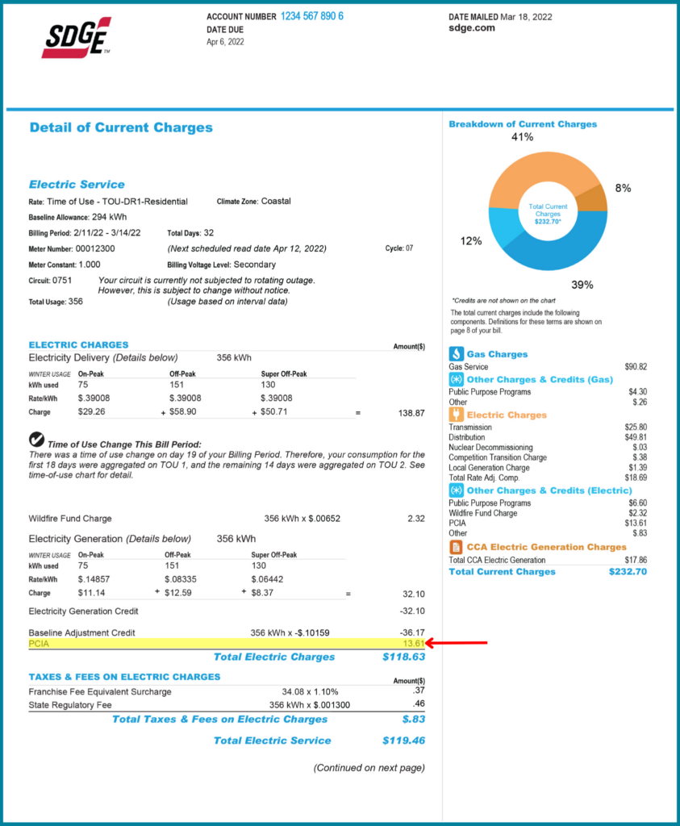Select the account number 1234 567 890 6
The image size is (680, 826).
(311, 16)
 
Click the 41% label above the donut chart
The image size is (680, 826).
(522, 137)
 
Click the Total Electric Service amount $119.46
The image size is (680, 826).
(403, 740)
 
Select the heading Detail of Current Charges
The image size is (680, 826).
(121, 127)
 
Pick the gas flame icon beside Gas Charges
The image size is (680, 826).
(456, 354)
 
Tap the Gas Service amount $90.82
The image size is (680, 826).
(636, 367)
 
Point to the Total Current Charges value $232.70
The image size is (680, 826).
(628, 572)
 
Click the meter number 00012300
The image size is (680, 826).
(96, 249)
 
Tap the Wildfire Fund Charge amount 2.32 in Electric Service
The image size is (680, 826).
(415, 519)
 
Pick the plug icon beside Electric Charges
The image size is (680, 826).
(456, 415)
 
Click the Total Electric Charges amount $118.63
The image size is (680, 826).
(403, 657)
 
